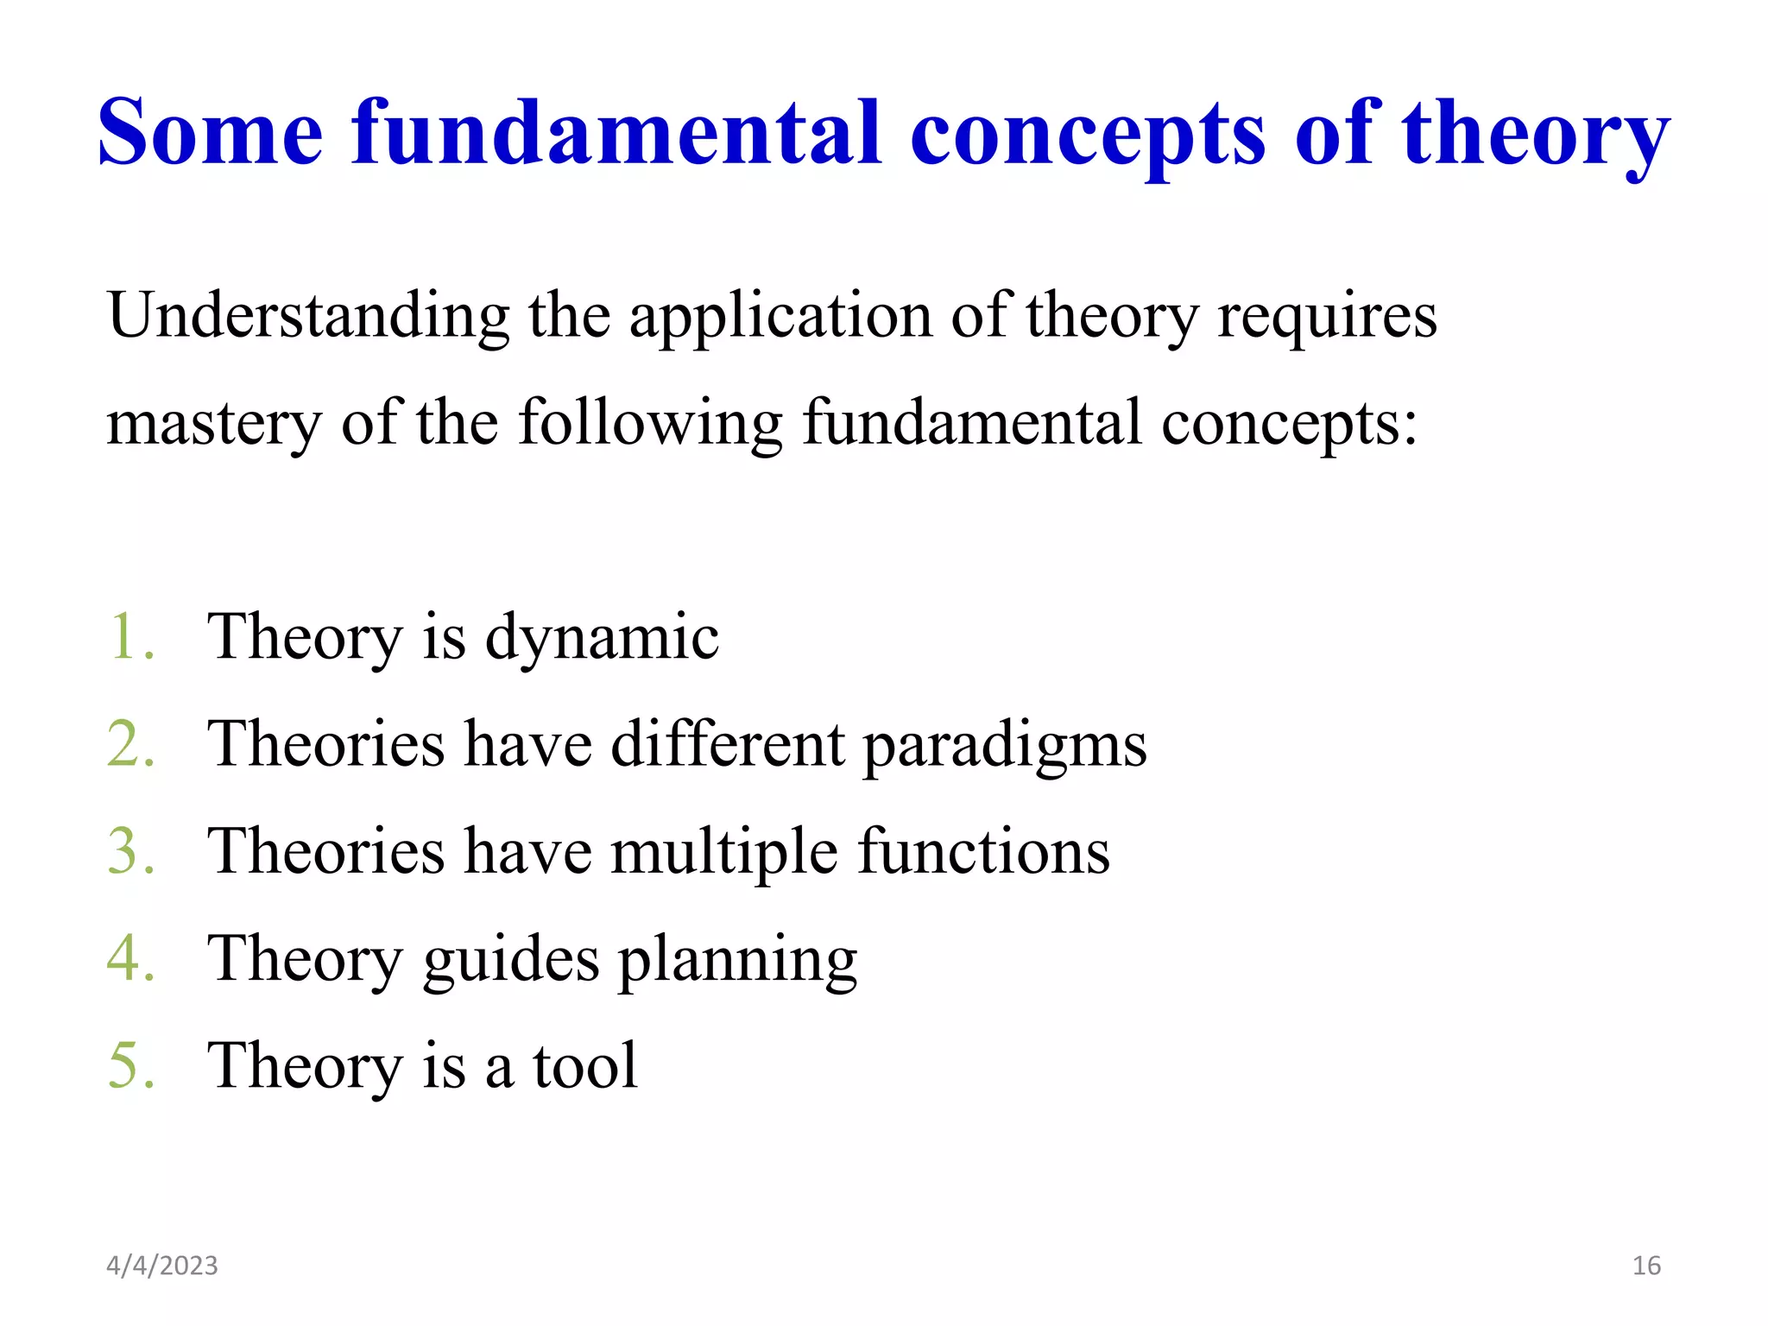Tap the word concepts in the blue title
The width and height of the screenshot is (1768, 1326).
pos(1088,136)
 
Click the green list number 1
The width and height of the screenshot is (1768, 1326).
pos(129,637)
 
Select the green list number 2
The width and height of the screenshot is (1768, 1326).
pos(129,744)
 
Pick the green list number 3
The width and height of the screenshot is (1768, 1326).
pos(129,851)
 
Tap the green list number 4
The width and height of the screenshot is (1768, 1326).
pos(129,958)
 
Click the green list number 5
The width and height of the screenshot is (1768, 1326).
pos(129,1065)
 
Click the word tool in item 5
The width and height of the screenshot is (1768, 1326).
pos(584,1065)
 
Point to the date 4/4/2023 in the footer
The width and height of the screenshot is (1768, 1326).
pos(161,1266)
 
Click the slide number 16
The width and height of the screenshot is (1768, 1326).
pos(1646,1266)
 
